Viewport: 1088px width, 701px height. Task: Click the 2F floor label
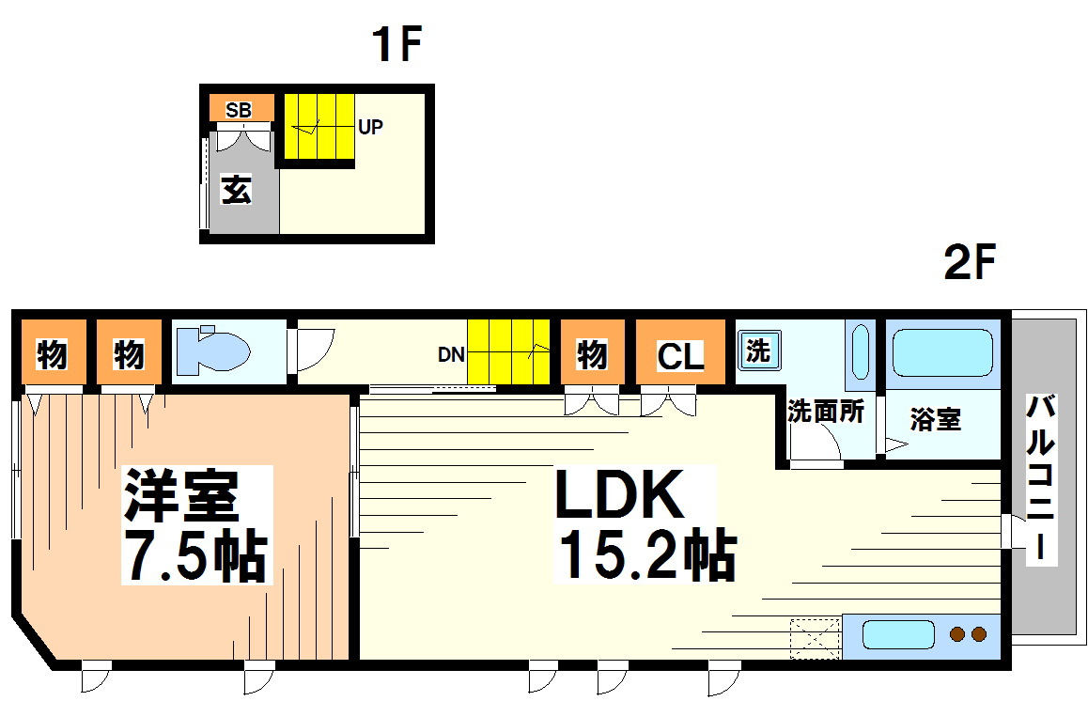coord(969,264)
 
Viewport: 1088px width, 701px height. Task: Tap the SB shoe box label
coord(239,110)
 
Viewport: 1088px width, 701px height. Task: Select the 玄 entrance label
coord(237,191)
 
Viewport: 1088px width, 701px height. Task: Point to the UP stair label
coord(370,127)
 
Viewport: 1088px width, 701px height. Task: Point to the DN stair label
coord(451,355)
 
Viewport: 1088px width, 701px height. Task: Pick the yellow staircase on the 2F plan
coord(507,351)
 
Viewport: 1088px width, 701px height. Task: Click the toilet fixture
coord(212,350)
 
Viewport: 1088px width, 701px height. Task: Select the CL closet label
coord(680,356)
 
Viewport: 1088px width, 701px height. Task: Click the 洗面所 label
coord(825,412)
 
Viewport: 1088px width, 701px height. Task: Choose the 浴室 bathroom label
coord(935,420)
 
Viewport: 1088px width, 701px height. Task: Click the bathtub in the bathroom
coord(941,352)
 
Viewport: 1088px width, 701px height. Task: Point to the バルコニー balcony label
coord(1040,479)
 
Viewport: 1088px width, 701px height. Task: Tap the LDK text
coord(619,495)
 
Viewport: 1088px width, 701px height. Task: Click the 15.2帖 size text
coord(647,554)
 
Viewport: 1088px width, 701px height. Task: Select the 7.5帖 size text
coord(194,557)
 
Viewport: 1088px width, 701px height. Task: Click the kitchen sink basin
coord(897,634)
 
